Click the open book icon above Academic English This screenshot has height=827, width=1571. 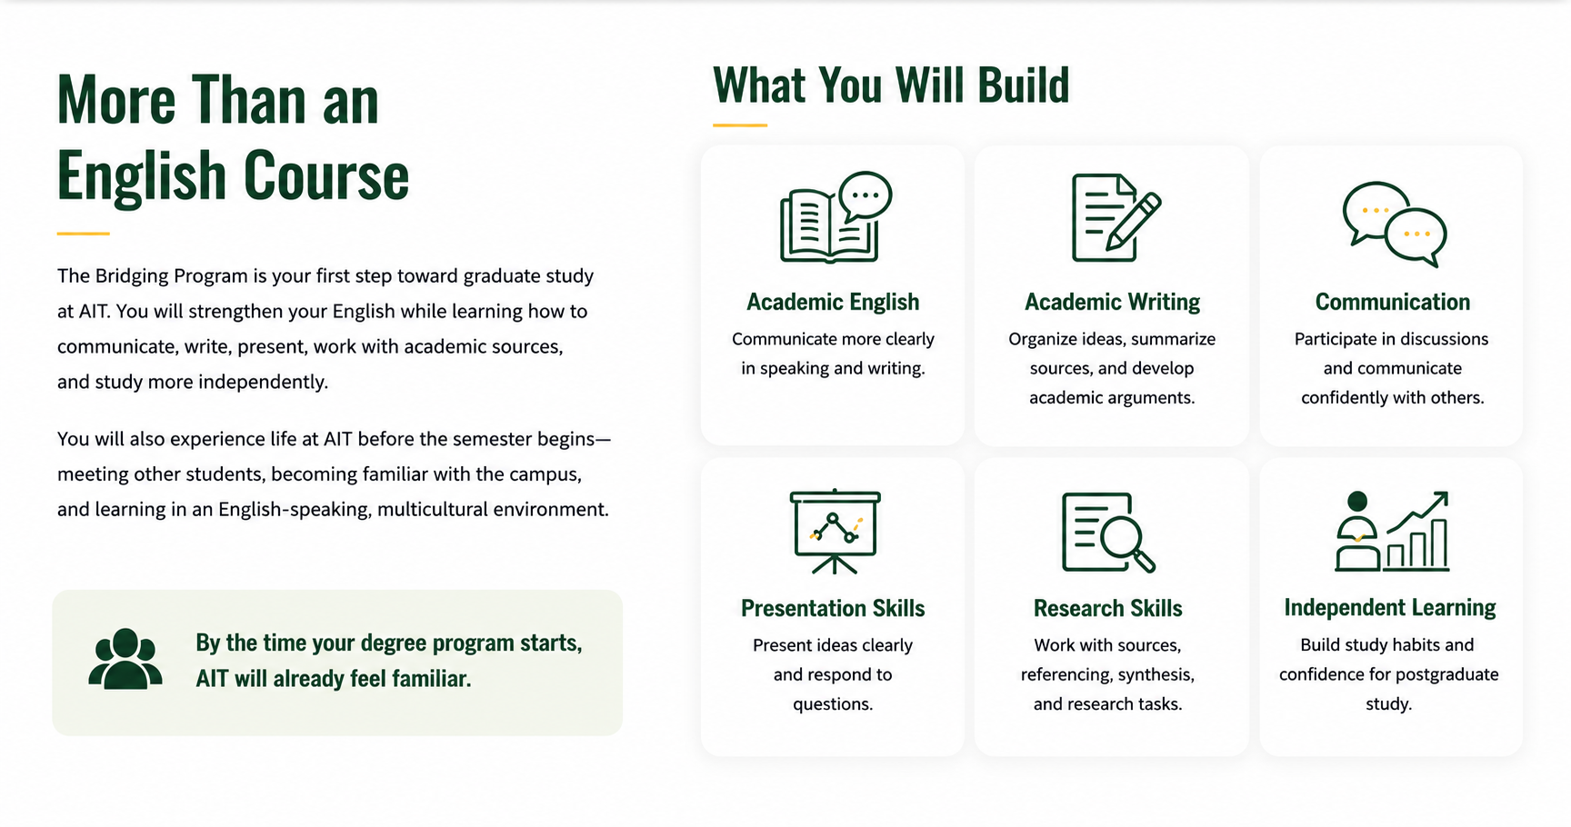(x=836, y=218)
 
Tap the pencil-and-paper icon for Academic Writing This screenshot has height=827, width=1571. (x=1116, y=218)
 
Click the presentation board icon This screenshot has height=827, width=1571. (x=835, y=532)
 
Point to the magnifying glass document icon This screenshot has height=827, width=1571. (x=1108, y=533)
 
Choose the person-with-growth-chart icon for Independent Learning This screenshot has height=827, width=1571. (x=1392, y=532)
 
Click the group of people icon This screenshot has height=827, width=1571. (x=125, y=659)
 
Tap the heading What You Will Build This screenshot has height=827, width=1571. (x=891, y=85)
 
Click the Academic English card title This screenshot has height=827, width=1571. (x=833, y=302)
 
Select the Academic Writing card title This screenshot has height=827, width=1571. (x=1112, y=302)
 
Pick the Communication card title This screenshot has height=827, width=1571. (x=1392, y=302)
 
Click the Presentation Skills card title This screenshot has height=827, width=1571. (x=833, y=608)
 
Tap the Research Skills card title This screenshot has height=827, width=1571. (x=1107, y=608)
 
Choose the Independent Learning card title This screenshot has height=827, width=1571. (x=1389, y=607)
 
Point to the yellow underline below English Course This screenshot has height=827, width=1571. (x=83, y=234)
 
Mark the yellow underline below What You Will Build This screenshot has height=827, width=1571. (x=740, y=125)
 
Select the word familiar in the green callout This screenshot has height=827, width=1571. (x=431, y=679)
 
